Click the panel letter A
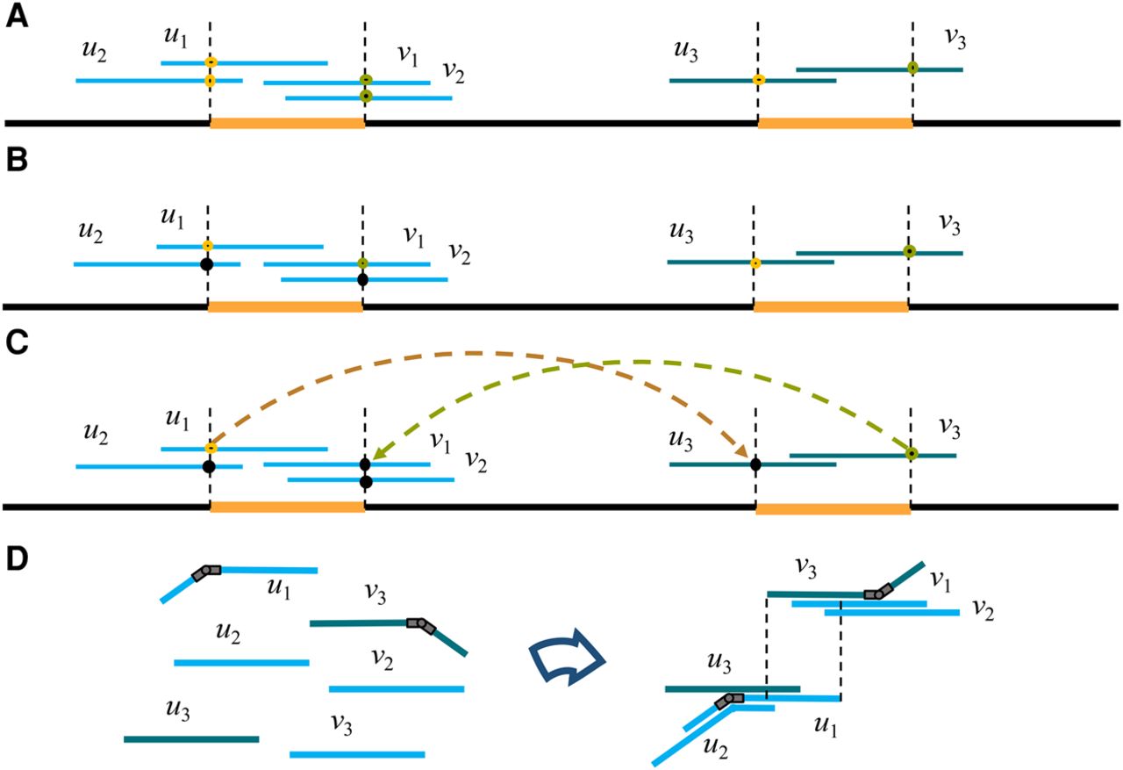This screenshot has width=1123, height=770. (15, 18)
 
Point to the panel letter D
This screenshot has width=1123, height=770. (15, 560)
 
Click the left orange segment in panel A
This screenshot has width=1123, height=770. (287, 124)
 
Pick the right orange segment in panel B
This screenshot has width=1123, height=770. (831, 306)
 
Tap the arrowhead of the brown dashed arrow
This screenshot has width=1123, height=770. (742, 452)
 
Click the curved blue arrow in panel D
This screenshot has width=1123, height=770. (569, 658)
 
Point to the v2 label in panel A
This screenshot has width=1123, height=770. (453, 71)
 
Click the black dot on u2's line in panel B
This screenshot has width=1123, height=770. (207, 263)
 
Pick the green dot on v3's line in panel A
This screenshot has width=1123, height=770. (912, 68)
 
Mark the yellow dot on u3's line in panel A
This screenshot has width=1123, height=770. (759, 81)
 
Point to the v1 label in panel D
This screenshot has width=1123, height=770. (942, 579)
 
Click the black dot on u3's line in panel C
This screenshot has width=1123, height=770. (755, 464)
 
